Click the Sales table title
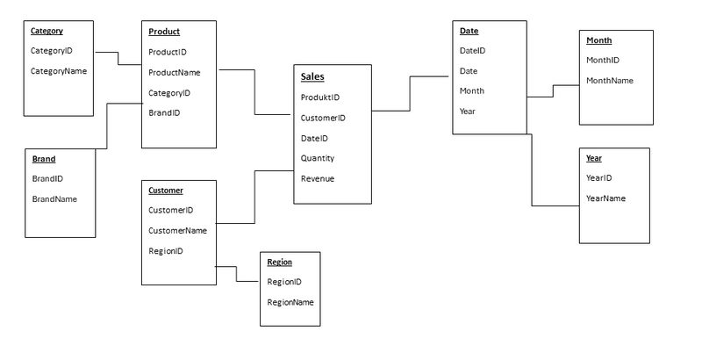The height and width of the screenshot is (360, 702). tap(312, 76)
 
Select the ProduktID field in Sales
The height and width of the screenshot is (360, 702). tap(320, 97)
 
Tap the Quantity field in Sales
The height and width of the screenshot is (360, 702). tap(317, 158)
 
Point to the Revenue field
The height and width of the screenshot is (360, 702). tap(317, 178)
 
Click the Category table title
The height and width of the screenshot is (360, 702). tap(47, 31)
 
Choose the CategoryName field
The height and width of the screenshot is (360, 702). tap(59, 70)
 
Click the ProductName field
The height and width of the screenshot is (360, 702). tap(174, 72)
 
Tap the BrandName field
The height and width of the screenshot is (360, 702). tap(54, 198)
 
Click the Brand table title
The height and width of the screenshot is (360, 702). tap(44, 159)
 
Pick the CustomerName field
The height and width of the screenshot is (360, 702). tap(177, 230)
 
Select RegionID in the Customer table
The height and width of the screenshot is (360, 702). tap(165, 250)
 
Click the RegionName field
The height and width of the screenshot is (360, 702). tap(290, 301)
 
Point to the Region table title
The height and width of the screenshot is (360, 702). tap(279, 262)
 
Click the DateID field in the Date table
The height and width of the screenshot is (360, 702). tap(472, 51)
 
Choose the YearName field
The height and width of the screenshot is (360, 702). tap(605, 198)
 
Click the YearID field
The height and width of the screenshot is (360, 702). tap(598, 177)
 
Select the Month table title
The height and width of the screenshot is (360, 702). tap(598, 40)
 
